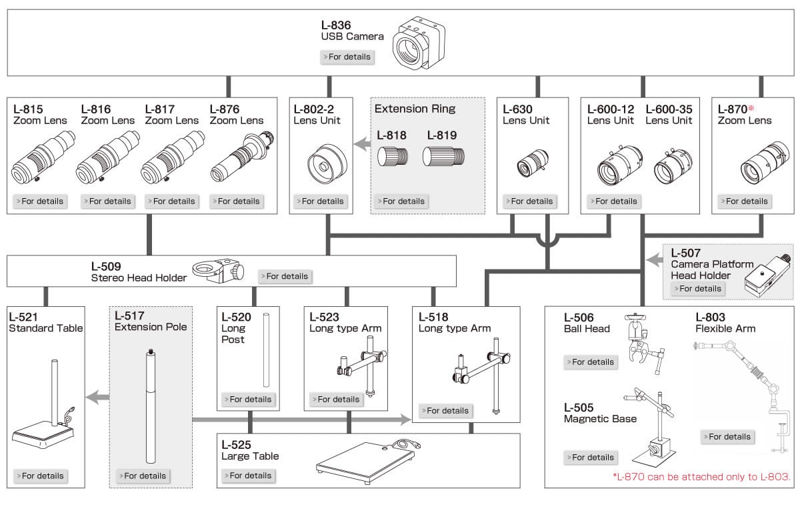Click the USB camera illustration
[x=417, y=45]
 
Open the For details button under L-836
[x=347, y=57]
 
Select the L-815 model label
[x=28, y=109]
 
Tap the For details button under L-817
[x=171, y=201]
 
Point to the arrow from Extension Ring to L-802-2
[x=361, y=143]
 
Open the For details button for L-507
[x=699, y=288]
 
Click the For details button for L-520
[x=247, y=399]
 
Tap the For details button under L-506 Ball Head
[x=590, y=362]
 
